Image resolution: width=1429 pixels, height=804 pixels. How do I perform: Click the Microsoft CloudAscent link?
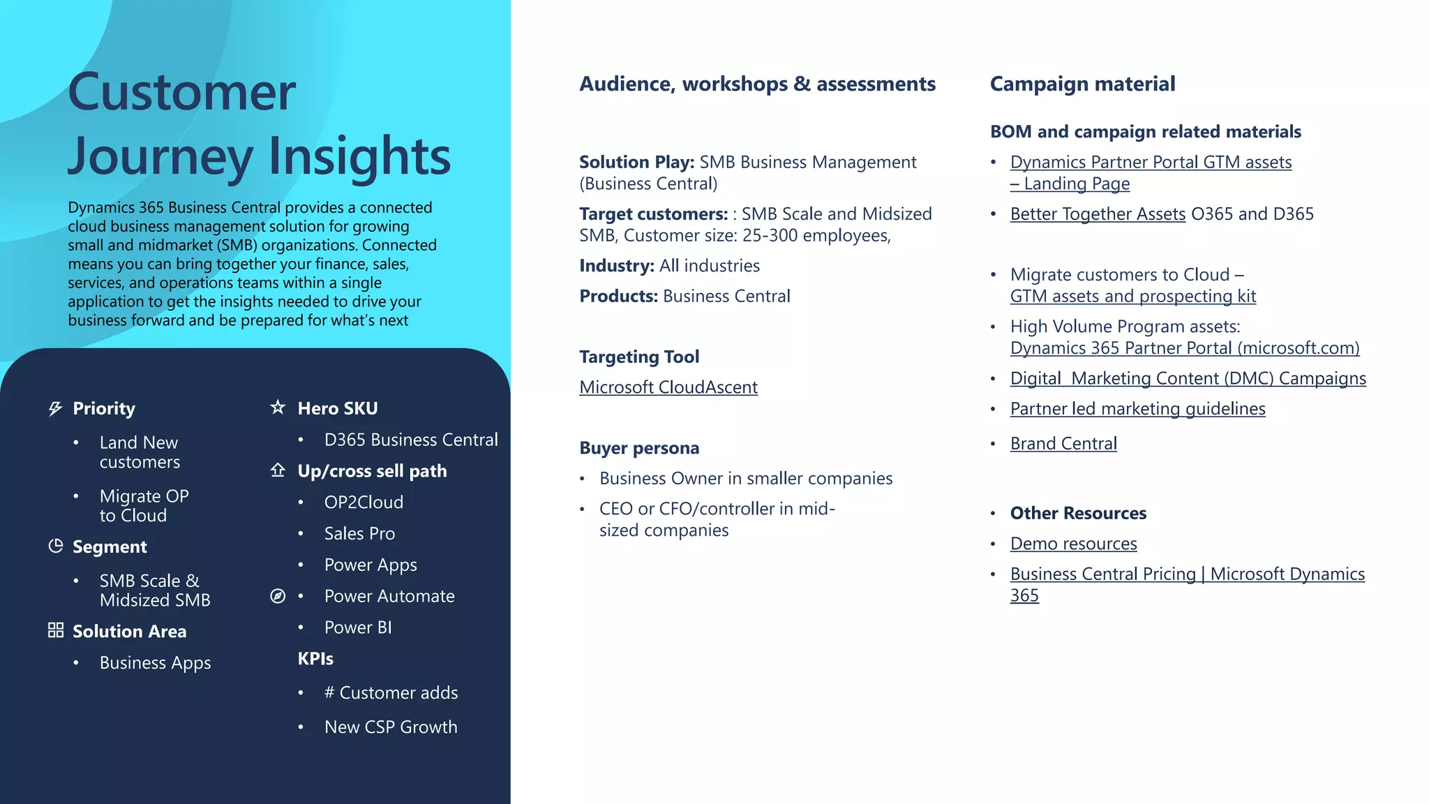point(668,387)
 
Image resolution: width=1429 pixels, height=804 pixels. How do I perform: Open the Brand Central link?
point(1063,444)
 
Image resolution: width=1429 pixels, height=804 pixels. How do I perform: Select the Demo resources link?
point(1073,544)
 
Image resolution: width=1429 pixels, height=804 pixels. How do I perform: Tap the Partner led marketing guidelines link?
point(1137,409)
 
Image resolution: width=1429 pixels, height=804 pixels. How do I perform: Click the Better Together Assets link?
point(1098,214)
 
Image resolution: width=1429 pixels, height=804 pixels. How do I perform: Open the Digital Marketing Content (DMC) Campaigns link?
point(1188,378)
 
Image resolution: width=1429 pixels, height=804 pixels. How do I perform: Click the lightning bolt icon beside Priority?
point(56,408)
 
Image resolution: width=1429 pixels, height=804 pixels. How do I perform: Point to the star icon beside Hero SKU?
point(278,407)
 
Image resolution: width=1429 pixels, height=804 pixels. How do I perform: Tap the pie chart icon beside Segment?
point(56,546)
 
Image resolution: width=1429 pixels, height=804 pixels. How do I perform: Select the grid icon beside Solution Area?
point(56,630)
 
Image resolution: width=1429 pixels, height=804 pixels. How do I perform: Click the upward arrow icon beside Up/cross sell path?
point(278,470)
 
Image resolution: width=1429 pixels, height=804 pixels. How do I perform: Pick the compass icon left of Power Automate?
point(278,596)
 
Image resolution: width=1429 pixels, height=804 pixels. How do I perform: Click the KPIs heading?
point(315,659)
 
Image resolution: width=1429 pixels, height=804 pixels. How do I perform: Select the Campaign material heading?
point(1082,84)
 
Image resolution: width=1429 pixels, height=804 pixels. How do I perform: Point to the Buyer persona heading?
point(639,448)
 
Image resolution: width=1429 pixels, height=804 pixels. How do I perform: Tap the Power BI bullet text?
point(358,627)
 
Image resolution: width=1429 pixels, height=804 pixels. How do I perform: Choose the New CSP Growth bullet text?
point(391,727)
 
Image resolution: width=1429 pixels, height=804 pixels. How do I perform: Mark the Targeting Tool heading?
point(639,357)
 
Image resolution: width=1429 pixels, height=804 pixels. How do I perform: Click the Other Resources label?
point(1078,514)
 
